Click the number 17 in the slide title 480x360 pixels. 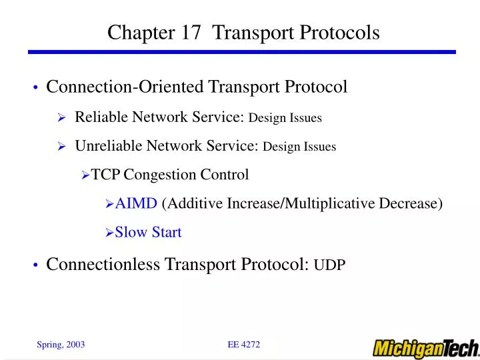point(188,33)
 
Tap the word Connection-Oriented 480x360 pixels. point(125,87)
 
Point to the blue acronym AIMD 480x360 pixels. point(137,203)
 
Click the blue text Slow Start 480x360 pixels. point(148,232)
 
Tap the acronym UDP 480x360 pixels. point(329,265)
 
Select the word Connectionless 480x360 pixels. point(103,265)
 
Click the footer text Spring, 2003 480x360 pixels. point(60,344)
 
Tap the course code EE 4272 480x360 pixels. point(243,344)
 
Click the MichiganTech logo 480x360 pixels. point(425,348)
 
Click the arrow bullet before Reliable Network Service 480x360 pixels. point(61,118)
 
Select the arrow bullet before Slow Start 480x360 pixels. point(110,233)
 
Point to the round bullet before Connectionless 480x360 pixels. point(35,266)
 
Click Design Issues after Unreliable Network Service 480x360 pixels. point(299,147)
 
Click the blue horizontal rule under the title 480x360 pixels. point(241,52)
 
